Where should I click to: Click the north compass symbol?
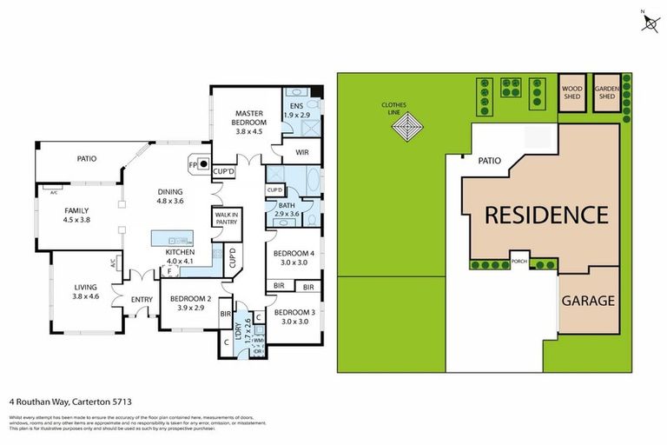649,22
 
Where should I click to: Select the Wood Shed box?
571,92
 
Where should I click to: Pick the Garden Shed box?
605,92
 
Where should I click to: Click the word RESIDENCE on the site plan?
545,215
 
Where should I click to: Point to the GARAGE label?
587,302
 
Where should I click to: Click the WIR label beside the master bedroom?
301,152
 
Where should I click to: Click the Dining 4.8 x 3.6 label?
170,196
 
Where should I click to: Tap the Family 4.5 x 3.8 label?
77,215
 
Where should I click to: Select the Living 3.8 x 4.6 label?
85,292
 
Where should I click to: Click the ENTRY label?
142,300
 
